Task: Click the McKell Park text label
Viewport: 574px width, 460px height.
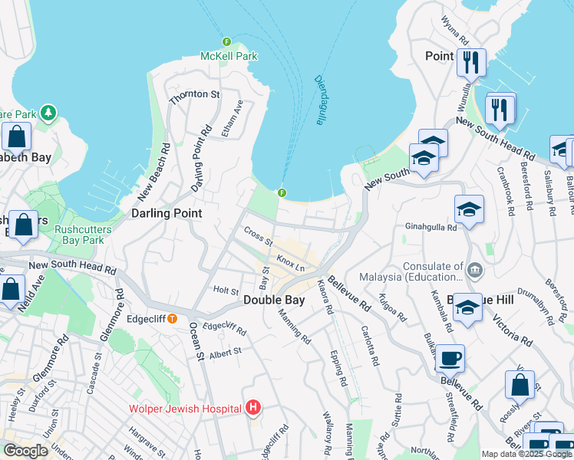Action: pos(229,56)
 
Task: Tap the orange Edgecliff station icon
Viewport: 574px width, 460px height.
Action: pos(173,318)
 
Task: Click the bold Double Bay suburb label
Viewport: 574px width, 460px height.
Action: pos(275,301)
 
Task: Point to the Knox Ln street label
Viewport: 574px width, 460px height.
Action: pos(292,264)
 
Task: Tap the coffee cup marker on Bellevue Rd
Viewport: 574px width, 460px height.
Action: pos(450,358)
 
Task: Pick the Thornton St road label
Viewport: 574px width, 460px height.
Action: pos(194,94)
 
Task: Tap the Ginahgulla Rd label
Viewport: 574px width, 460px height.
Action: pos(430,228)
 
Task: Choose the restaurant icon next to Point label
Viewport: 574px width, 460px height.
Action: pos(470,61)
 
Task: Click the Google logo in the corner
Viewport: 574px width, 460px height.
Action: pos(25,451)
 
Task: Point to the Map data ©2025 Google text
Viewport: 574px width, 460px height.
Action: pos(527,454)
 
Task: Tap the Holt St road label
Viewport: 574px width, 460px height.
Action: pos(226,291)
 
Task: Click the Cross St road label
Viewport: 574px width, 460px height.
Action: pos(258,232)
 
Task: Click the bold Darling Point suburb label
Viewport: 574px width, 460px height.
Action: pos(167,213)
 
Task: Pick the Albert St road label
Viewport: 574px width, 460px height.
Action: pos(225,351)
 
